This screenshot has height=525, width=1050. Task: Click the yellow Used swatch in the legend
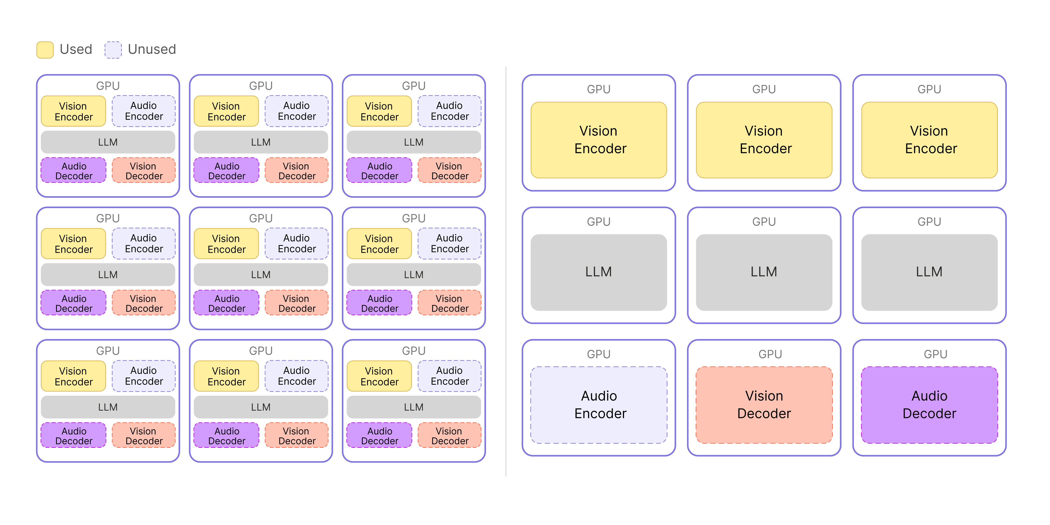pos(45,50)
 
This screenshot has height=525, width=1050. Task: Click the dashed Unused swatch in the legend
pos(113,50)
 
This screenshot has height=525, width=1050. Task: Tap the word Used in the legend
pos(76,49)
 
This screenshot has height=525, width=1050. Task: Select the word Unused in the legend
pos(152,49)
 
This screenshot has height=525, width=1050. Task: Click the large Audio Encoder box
pos(599,405)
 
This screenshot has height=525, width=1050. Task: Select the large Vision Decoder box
pos(764,405)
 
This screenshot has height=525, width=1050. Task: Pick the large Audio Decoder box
pos(929,405)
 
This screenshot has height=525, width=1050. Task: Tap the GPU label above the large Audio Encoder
pos(599,354)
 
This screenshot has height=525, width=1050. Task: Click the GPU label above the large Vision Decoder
pos(770,354)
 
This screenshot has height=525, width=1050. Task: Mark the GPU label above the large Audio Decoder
pos(935,354)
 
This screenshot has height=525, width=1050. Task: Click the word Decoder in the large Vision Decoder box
pos(764,414)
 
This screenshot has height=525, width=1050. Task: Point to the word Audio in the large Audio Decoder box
pos(929,396)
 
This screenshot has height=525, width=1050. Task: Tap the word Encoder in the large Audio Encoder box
pos(600,414)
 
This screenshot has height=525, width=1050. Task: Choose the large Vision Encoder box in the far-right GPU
pos(929,140)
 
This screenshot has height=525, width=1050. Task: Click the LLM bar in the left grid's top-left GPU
pos(108,142)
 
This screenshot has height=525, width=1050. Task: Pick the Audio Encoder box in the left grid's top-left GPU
pos(144,111)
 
